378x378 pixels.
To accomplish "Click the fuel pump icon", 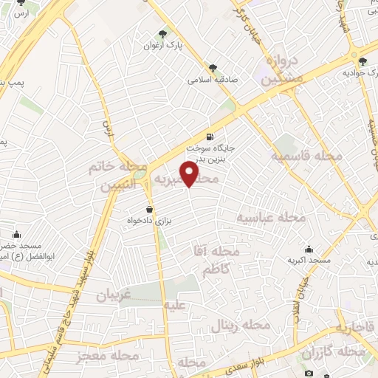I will point(210,137).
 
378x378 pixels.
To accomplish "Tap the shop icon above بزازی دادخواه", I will point(150,210).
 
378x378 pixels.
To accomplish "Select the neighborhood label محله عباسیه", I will point(270,217).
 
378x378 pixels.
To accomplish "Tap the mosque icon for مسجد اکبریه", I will point(309,250).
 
